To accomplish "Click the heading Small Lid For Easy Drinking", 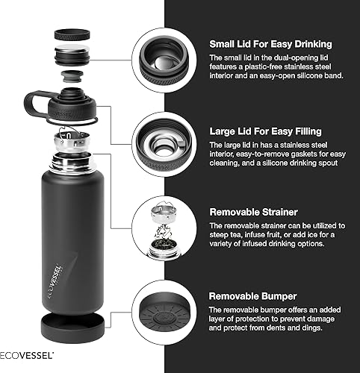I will tap(270, 44).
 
